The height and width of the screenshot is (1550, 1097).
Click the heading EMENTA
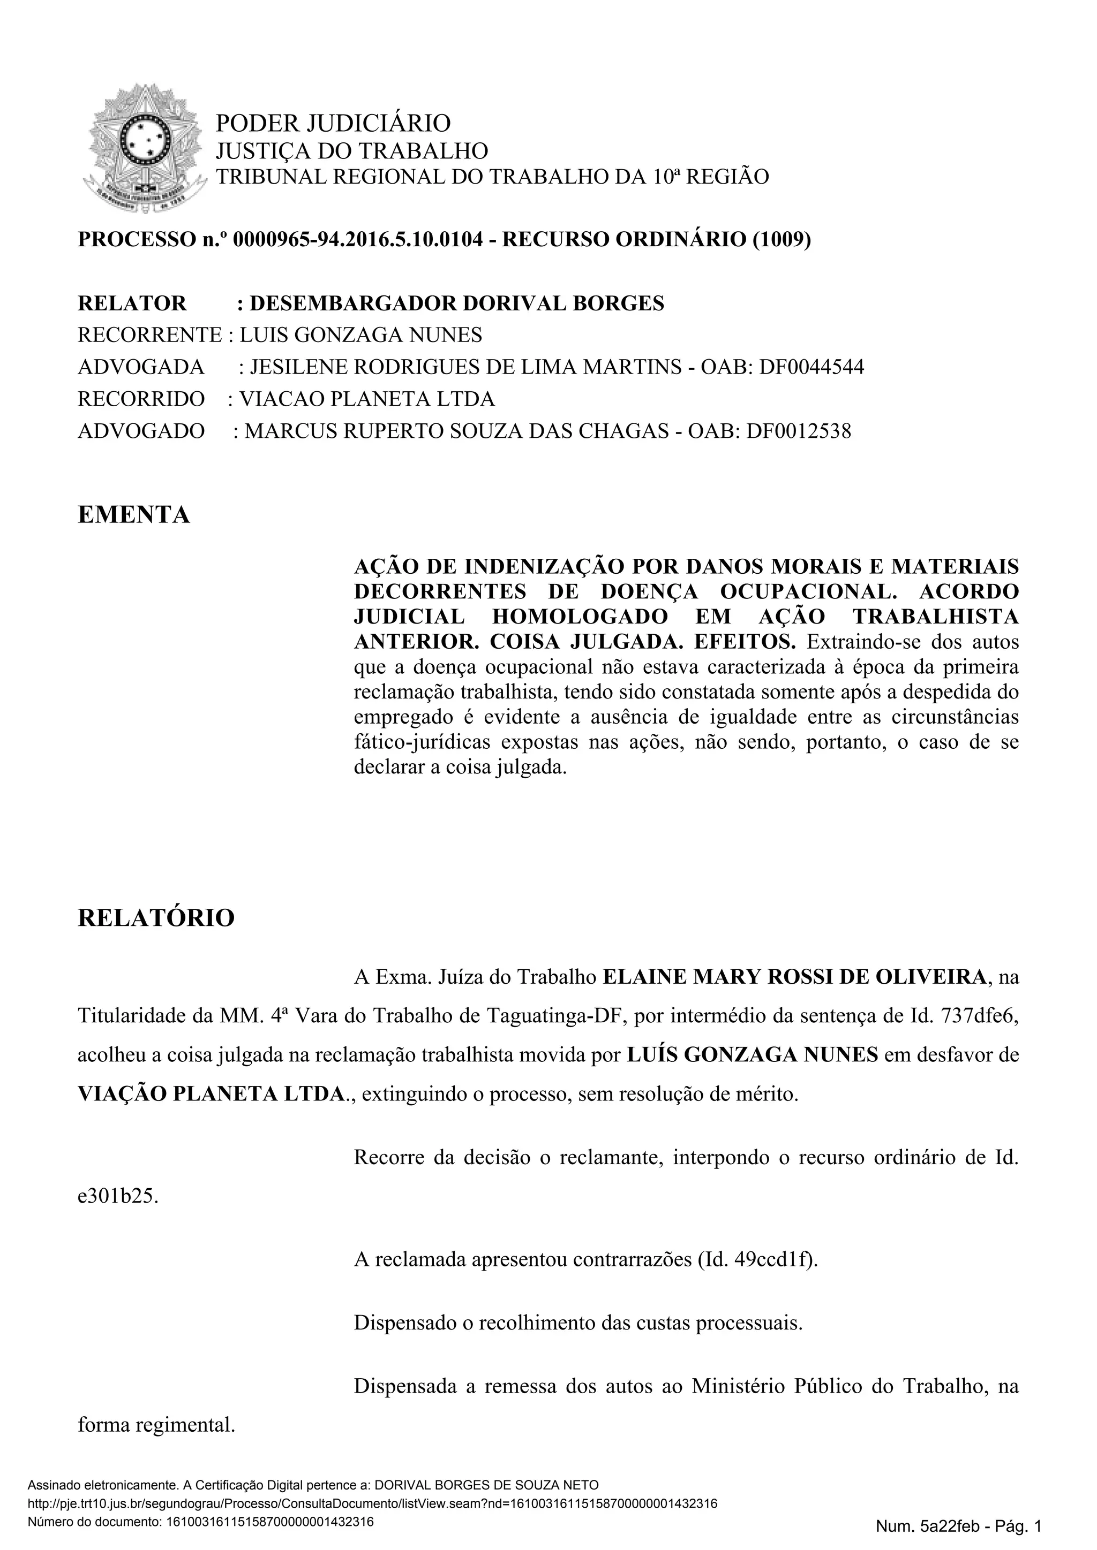pyautogui.click(x=134, y=515)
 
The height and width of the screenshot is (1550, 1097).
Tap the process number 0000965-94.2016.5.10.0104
pyautogui.click(x=357, y=240)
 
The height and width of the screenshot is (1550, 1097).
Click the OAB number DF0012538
pyautogui.click(x=799, y=431)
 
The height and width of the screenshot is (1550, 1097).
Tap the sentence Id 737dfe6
pyautogui.click(x=978, y=1015)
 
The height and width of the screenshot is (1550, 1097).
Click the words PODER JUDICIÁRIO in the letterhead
pyautogui.click(x=332, y=124)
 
